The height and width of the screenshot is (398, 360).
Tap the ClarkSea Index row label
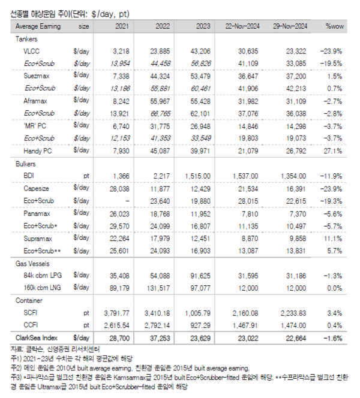[x=37, y=339]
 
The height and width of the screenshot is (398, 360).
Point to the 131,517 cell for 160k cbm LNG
[x=158, y=288]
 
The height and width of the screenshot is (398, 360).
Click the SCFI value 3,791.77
[x=115, y=312]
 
